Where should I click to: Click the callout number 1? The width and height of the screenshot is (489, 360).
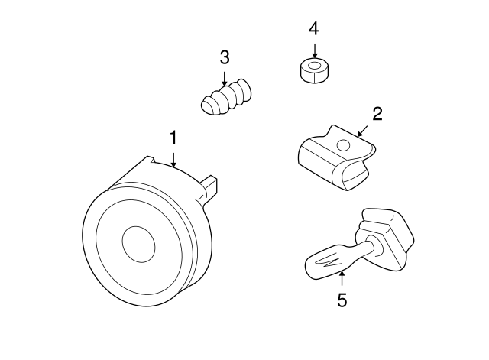pos(173,138)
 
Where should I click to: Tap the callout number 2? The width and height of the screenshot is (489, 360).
pos(377,114)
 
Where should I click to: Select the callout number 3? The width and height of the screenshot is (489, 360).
pos(225,57)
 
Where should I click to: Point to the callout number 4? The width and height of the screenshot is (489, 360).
pos(314,29)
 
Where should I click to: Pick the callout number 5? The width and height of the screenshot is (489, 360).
pos(342,300)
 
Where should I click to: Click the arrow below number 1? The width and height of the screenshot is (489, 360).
pos(173,160)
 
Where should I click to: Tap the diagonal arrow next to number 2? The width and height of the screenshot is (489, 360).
pos(362,131)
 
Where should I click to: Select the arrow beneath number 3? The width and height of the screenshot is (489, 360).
pos(224,79)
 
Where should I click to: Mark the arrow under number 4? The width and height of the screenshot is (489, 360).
pos(315,51)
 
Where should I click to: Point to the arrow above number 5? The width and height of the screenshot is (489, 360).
pos(342,278)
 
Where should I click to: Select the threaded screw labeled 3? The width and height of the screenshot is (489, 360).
pos(226,96)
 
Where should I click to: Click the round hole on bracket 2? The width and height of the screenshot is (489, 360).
pos(344,145)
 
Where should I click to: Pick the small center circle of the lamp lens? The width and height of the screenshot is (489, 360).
pos(138,244)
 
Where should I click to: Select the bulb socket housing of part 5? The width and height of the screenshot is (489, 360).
pos(386,238)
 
